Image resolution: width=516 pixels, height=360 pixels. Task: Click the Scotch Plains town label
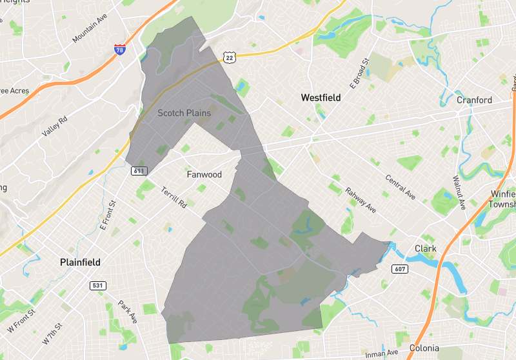[184, 113]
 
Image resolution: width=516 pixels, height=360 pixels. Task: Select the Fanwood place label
[204, 175]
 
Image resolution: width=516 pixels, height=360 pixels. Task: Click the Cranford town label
[474, 100]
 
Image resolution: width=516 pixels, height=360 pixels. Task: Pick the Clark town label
[426, 248]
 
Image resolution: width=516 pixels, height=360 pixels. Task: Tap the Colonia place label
[424, 348]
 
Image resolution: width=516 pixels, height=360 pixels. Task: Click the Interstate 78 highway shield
[119, 50]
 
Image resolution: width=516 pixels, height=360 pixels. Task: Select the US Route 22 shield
[230, 58]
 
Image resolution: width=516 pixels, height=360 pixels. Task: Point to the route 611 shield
[141, 171]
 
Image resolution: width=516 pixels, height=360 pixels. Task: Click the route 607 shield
[399, 268]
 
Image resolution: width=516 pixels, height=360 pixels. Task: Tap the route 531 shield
[98, 285]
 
